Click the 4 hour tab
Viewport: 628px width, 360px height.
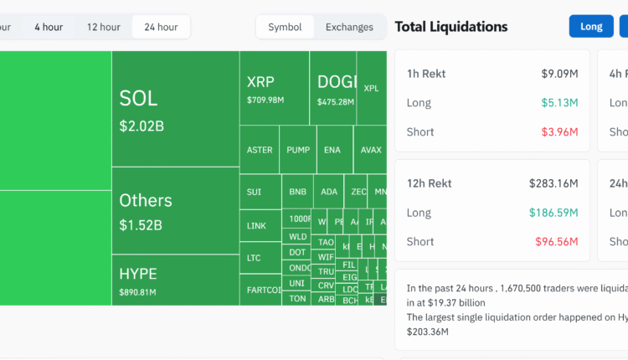tap(49, 27)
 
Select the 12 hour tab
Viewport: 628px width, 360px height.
tap(104, 27)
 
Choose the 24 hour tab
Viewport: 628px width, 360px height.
tap(161, 27)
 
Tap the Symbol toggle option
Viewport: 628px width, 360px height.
tap(285, 27)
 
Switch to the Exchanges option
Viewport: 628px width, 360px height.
tap(349, 27)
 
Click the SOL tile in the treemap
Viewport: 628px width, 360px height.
tap(175, 109)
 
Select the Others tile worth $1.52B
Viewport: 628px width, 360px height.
tap(175, 211)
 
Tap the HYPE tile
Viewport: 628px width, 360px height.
tap(175, 280)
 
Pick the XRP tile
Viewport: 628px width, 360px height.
tap(274, 89)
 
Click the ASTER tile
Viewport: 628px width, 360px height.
tap(260, 150)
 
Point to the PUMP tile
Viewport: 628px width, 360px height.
tap(298, 150)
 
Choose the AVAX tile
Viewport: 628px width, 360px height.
tap(371, 150)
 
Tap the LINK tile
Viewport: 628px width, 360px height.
tap(256, 225)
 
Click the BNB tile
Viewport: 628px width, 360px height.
tap(298, 192)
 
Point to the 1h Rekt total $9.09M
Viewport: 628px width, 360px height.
tap(559, 74)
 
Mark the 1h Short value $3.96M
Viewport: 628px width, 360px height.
tap(559, 131)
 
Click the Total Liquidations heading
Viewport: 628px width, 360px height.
tap(451, 27)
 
